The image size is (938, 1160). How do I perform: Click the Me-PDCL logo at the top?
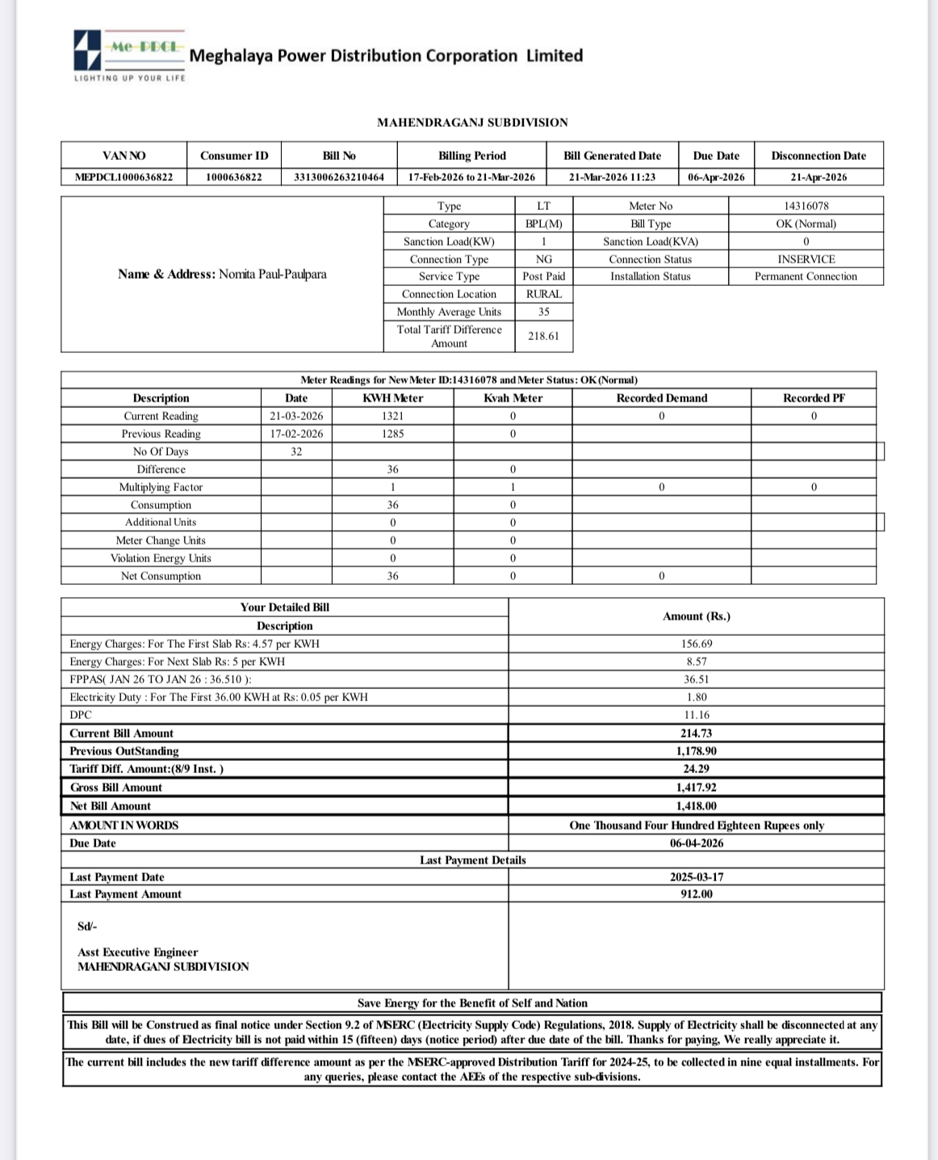click(x=129, y=53)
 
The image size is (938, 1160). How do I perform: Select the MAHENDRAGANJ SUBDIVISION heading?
click(x=472, y=123)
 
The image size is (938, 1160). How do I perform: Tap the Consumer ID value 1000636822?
click(x=234, y=177)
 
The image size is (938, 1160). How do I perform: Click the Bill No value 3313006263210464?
click(x=339, y=177)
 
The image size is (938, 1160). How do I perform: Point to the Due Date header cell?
click(x=716, y=156)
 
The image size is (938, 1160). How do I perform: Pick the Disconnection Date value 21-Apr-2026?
click(x=819, y=177)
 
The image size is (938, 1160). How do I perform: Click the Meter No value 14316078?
click(x=806, y=207)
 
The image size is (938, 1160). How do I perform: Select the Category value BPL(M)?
click(x=543, y=224)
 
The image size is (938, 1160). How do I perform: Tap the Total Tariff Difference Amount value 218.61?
click(x=543, y=336)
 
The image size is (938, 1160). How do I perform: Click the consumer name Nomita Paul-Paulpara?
click(x=273, y=274)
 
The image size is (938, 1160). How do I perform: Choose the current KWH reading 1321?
click(x=392, y=416)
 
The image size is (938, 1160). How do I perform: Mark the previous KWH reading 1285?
click(x=392, y=434)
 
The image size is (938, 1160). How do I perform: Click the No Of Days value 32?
click(x=296, y=452)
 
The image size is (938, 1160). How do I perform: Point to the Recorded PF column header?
click(x=814, y=398)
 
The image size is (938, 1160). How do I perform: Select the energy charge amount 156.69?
click(x=697, y=644)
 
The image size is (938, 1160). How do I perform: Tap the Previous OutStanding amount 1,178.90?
click(x=697, y=751)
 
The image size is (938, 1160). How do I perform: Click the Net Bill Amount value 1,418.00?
click(x=697, y=806)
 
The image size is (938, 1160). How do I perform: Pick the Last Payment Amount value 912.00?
click(x=697, y=894)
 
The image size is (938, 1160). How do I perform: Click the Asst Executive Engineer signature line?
click(x=137, y=952)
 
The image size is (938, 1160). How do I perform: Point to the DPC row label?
click(x=81, y=715)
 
